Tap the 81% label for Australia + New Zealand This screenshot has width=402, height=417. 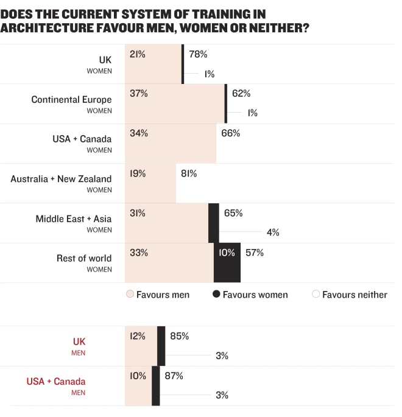(189, 173)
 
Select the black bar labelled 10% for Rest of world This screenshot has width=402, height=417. (227, 262)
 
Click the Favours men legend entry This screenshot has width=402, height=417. (158, 295)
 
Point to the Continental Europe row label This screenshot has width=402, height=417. (71, 100)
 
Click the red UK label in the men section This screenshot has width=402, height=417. (79, 342)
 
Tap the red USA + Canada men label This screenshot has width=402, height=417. (56, 382)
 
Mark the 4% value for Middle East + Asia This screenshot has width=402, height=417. (272, 232)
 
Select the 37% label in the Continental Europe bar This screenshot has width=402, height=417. (139, 94)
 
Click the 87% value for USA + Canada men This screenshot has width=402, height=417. (174, 376)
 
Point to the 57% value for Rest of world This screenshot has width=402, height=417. (255, 253)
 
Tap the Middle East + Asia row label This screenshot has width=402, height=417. (74, 219)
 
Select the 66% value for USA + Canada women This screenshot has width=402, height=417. (231, 133)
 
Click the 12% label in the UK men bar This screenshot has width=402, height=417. (138, 336)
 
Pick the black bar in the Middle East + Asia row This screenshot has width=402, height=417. (214, 223)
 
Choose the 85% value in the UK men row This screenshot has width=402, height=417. (180, 336)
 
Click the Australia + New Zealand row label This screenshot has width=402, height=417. (61, 179)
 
